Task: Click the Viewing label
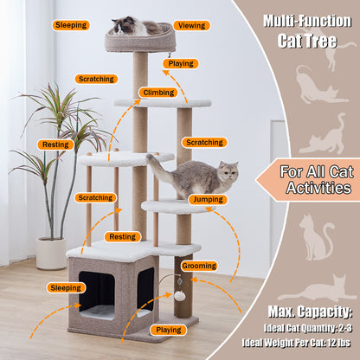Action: [191, 26]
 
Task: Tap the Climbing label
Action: [158, 93]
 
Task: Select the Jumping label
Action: [208, 200]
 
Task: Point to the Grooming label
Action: [199, 266]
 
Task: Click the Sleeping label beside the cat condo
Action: [66, 288]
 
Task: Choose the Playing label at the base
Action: [169, 330]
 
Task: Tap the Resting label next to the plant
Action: [55, 145]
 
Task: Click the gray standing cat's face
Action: [228, 171]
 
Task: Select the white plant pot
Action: [51, 254]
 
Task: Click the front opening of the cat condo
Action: [97, 295]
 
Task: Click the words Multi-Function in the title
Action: [307, 21]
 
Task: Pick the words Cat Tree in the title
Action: [307, 41]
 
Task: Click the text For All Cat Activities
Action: [317, 180]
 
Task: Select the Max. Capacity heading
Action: [310, 312]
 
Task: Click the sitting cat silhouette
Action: [316, 236]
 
